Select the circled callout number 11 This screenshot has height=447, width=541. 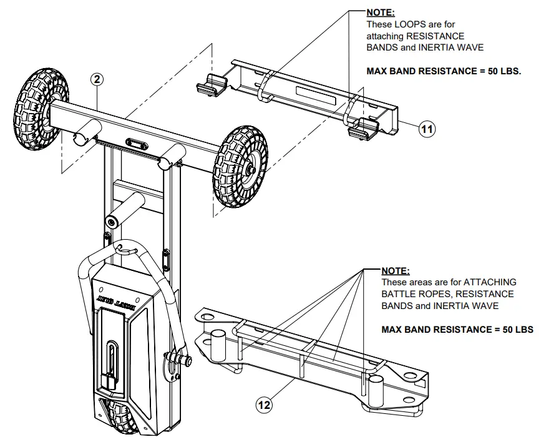(427, 129)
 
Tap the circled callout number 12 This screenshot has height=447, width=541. (264, 405)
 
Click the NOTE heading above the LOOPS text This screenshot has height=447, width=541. (381, 12)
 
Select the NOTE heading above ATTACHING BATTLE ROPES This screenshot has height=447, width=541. (396, 270)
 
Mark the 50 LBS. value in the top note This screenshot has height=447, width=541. (502, 71)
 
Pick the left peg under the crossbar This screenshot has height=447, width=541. (87, 135)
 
